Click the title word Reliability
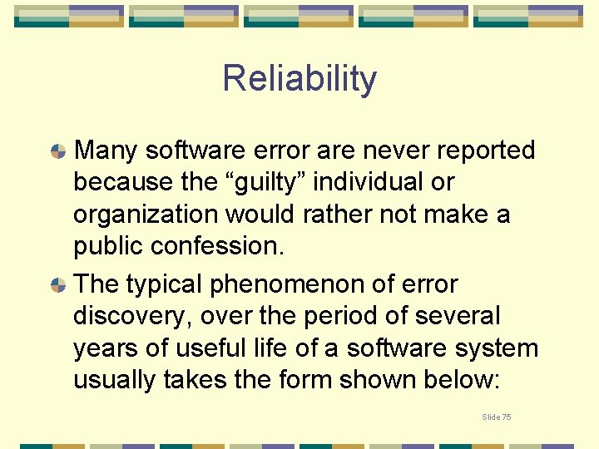coord(299,79)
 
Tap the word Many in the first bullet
coord(106,150)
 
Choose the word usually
coord(115,380)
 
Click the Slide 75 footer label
coord(497,417)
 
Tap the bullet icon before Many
coord(57,151)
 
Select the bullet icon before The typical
coord(57,285)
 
